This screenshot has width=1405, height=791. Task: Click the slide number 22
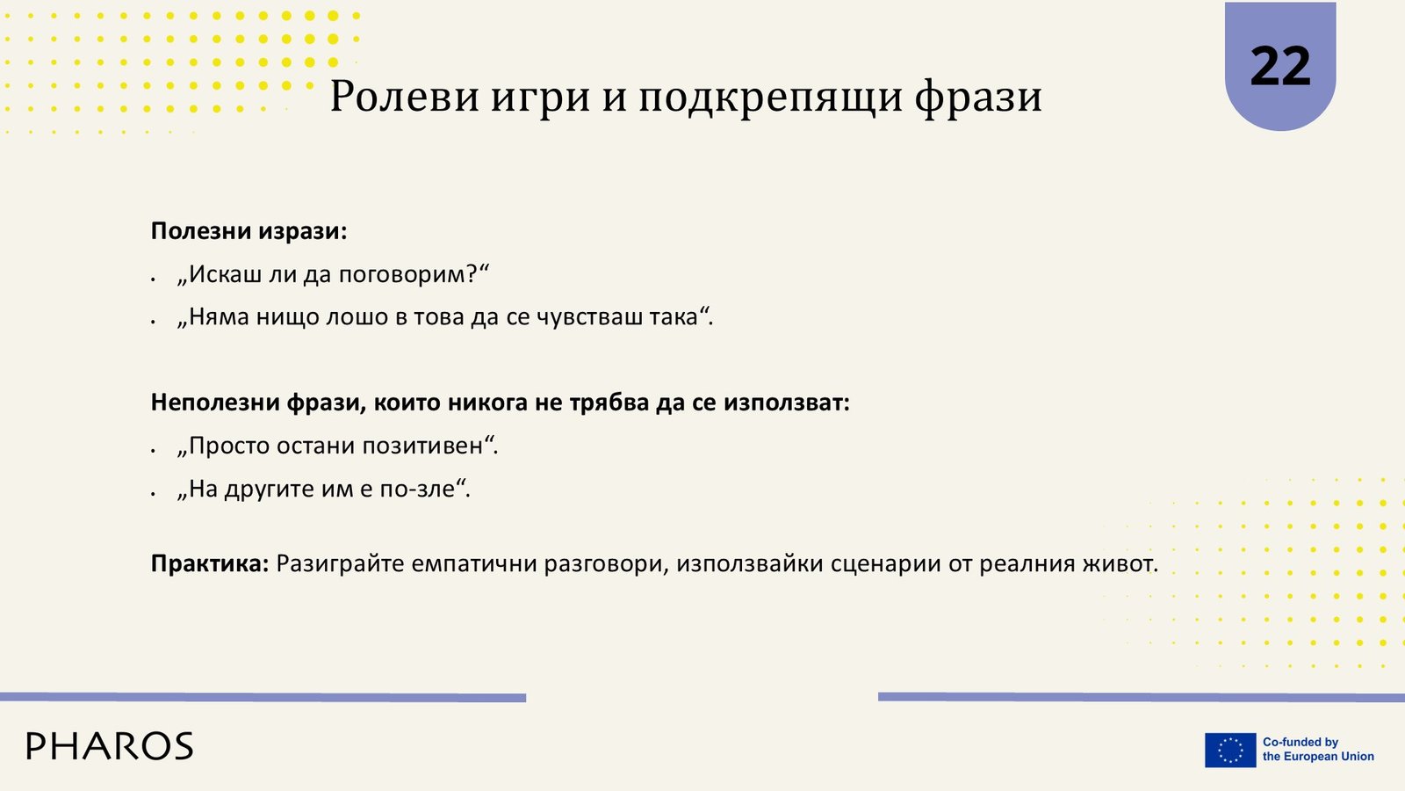[1279, 67]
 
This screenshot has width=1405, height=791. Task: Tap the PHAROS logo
[110, 746]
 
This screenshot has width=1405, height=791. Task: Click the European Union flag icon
[1230, 750]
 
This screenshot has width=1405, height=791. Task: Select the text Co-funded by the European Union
[1318, 750]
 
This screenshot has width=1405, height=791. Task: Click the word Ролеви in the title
[405, 97]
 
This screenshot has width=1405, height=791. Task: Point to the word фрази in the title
[978, 98]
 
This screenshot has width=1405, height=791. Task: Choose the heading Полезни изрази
[249, 232]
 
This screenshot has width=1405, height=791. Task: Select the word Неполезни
[215, 403]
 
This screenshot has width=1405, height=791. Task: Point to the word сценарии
[886, 563]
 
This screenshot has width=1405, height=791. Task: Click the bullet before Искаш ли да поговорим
[153, 279]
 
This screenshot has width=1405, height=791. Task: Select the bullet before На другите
[153, 493]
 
